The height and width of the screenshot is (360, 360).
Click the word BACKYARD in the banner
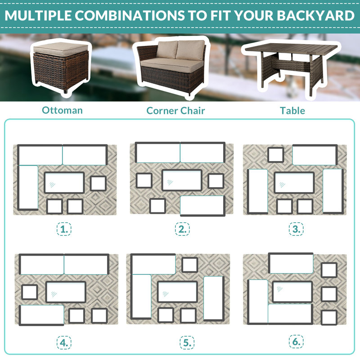click(x=315, y=15)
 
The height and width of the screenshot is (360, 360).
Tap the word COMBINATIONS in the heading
click(x=130, y=15)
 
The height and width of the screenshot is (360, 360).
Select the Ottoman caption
click(x=62, y=110)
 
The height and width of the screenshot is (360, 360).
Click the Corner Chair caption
click(x=175, y=111)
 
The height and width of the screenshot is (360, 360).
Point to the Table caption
click(x=292, y=111)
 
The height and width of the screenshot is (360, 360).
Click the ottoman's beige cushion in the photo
click(x=61, y=49)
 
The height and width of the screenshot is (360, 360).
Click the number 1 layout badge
click(x=64, y=229)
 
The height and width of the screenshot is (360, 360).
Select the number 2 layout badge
click(x=182, y=229)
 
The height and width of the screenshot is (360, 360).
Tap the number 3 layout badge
click(x=296, y=229)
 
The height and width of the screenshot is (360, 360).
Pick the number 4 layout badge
click(x=64, y=342)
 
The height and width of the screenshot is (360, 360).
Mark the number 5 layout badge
click(x=187, y=342)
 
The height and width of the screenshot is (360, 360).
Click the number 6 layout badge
click(x=296, y=342)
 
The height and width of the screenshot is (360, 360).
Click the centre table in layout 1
click(x=64, y=183)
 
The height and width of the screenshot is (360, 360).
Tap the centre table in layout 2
click(x=182, y=180)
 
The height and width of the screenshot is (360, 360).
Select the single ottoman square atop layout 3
click(x=276, y=155)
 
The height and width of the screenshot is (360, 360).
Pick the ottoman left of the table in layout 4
click(x=30, y=292)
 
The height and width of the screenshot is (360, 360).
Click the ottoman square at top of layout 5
click(x=189, y=265)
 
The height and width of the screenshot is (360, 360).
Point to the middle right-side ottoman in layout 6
click(x=329, y=294)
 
